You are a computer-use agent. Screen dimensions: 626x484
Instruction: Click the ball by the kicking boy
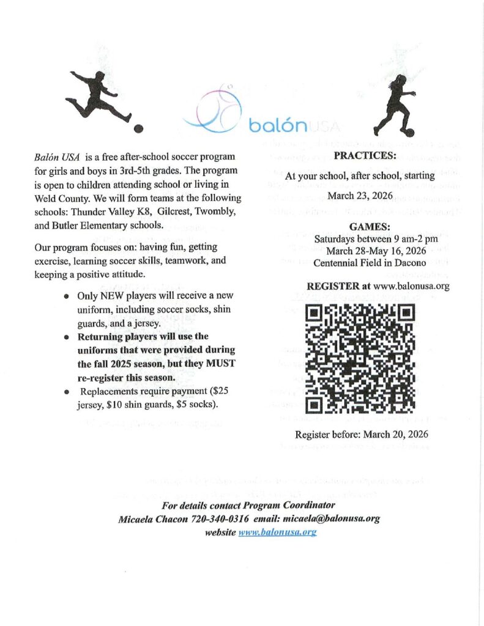pyautogui.click(x=139, y=128)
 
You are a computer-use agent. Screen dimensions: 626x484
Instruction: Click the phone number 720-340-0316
pyautogui.click(x=218, y=519)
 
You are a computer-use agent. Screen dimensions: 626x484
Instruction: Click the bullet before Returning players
pyautogui.click(x=66, y=337)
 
